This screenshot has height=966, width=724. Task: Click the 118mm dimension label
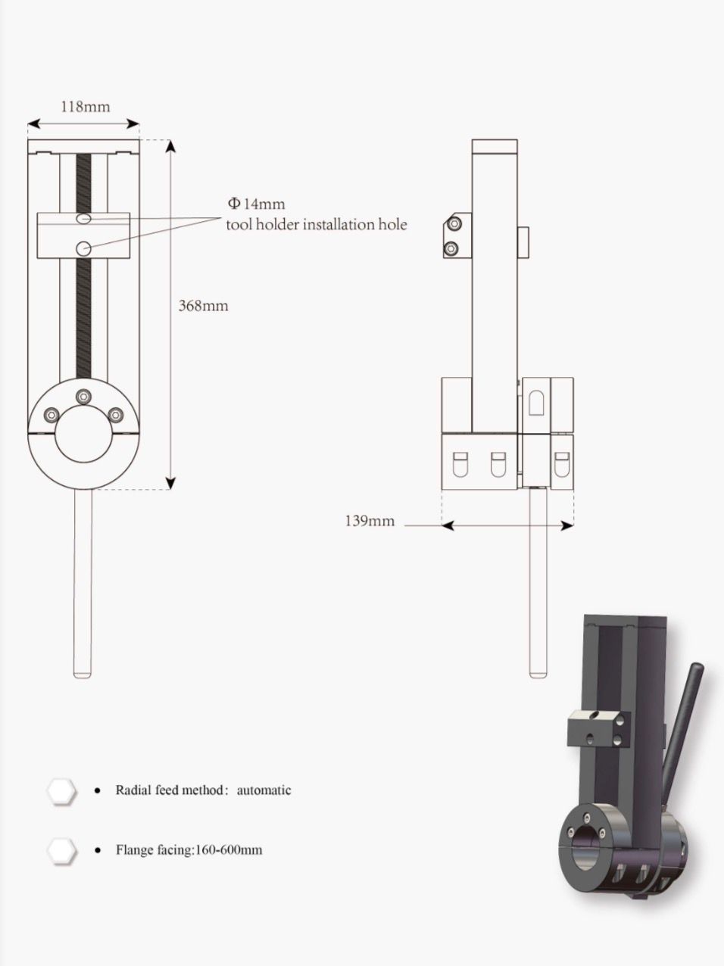pos(86,107)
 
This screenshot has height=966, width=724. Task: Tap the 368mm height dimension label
pos(203,305)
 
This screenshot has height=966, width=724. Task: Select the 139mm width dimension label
pos(370,521)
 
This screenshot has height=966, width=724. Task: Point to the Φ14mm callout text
pos(256,204)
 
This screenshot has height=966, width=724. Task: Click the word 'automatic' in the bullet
pos(264,790)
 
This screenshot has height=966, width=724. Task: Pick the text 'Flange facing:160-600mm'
pos(189,849)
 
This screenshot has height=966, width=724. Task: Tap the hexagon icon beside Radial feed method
pos(62,791)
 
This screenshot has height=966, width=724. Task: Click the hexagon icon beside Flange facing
pos(62,850)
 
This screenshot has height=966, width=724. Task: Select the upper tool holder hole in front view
pos(83,218)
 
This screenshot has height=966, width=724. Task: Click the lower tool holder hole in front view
pos(83,248)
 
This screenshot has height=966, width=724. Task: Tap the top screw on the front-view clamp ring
pos(83,396)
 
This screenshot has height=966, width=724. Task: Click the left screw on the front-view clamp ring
pos(52,415)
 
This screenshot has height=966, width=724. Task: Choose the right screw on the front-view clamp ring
pos(115,415)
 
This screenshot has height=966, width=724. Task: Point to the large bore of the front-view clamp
pos(83,434)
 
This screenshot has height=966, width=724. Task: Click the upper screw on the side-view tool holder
pos(453,224)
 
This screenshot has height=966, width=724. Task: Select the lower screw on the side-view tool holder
pos(451,249)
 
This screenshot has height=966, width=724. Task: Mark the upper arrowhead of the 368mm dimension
pos(170,147)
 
